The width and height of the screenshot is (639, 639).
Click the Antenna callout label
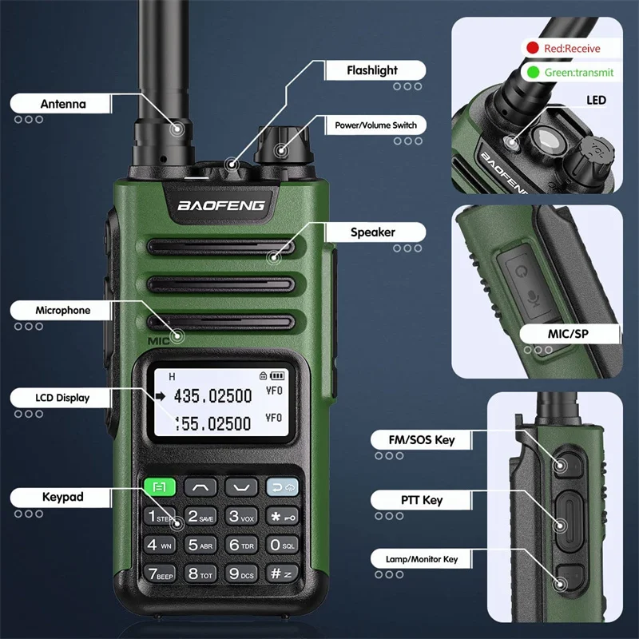click(x=62, y=104)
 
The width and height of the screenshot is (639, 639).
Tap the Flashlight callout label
click(x=371, y=70)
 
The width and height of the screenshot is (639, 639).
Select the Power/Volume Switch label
click(x=375, y=125)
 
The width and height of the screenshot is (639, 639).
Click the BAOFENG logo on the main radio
click(x=220, y=205)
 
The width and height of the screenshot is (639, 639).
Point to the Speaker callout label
click(x=372, y=232)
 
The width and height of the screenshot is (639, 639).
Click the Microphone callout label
click(x=62, y=310)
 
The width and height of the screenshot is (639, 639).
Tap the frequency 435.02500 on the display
click(x=213, y=395)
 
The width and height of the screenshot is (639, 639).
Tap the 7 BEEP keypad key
click(x=160, y=573)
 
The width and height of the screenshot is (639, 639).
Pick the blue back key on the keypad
click(x=282, y=486)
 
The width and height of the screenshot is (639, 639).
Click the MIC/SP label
click(x=570, y=333)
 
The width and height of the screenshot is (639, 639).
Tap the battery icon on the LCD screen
click(x=277, y=375)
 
